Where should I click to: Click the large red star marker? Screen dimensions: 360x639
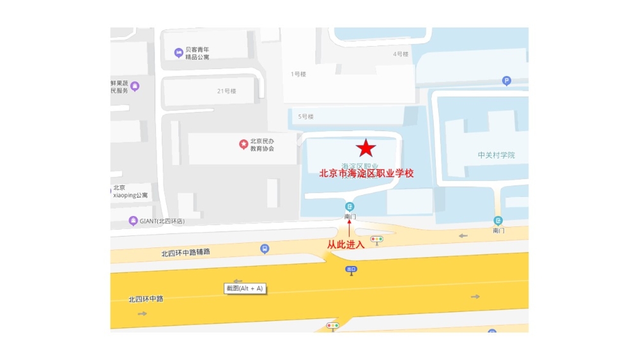366,148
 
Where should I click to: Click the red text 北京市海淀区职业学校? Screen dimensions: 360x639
367,173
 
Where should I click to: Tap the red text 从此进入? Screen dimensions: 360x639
346,244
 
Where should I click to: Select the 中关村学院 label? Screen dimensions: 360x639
496,155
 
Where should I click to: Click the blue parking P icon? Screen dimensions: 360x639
507,81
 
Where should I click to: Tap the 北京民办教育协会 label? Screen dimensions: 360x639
262,145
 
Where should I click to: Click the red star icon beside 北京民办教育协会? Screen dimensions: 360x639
243,145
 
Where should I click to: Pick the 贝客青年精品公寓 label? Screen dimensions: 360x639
197,53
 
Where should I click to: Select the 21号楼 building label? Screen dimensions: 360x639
226,91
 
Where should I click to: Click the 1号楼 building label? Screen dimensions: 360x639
298,74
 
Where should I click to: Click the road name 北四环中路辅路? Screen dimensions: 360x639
185,253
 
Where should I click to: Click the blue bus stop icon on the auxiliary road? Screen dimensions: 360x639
265,249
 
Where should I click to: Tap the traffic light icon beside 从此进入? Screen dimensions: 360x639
377,240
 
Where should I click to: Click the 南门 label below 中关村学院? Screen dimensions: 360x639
498,230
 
